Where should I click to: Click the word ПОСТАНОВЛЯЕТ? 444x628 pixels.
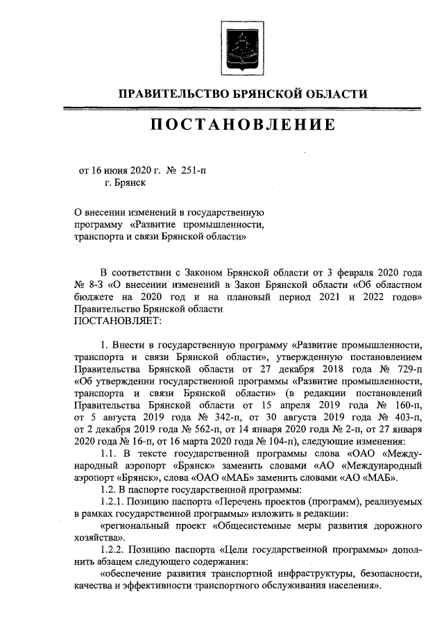pos(117,321)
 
